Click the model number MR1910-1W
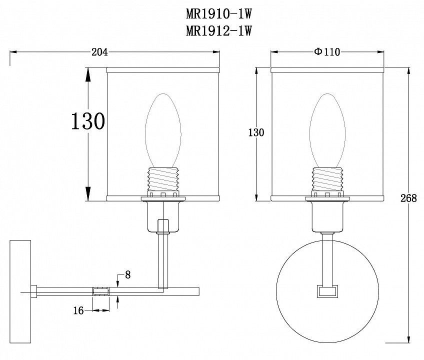coord(219,14)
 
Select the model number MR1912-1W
coord(219,30)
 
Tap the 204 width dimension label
coord(99,52)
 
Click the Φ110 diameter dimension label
coord(327,51)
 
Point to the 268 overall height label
coord(408,198)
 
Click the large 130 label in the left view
coord(87,121)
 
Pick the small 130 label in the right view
coord(256,132)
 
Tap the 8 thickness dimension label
coord(127,275)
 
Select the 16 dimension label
coord(78,310)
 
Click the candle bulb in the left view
coord(163,130)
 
